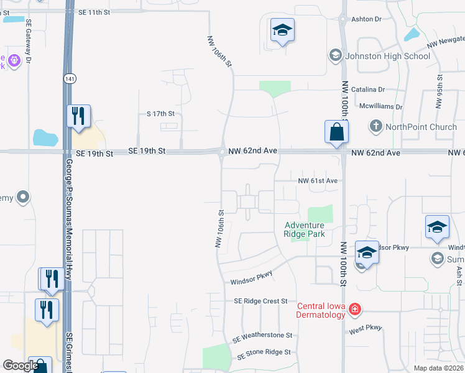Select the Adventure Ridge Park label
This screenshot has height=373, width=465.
click(x=305, y=229)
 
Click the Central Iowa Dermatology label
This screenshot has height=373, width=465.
click(x=321, y=310)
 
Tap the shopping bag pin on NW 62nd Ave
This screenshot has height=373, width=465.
click(x=336, y=132)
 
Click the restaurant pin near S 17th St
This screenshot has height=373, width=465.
click(x=79, y=117)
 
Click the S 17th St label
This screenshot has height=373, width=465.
click(x=161, y=114)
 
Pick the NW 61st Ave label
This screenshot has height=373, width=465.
click(x=318, y=181)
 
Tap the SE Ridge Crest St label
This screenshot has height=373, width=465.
click(x=260, y=301)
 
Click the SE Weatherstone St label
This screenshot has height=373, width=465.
click(x=262, y=337)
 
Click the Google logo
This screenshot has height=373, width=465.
click(x=21, y=366)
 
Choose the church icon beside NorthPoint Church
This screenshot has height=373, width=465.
click(x=375, y=126)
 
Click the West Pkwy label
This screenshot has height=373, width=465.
click(x=365, y=328)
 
